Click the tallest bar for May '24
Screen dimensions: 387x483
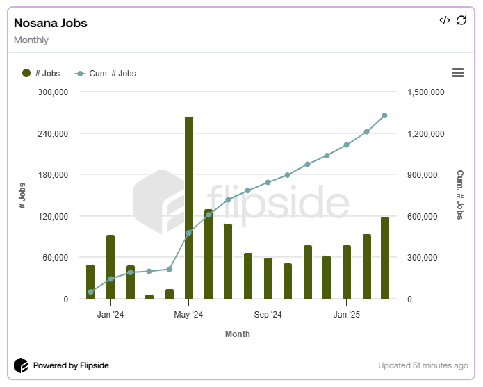tap(189, 208)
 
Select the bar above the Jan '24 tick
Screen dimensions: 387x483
tap(110, 267)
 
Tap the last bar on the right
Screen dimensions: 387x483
tap(385, 258)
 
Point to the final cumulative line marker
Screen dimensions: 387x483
tap(385, 115)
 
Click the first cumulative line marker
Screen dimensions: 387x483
tap(90, 292)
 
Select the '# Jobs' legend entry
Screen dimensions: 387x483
tap(42, 74)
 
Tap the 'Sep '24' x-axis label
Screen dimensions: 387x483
tap(268, 315)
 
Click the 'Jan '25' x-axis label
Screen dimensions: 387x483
tap(346, 315)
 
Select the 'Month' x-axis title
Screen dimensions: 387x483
tap(238, 334)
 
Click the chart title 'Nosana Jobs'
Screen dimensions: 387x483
tap(51, 23)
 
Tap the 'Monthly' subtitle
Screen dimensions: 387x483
tap(31, 40)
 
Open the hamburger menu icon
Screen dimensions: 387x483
tap(457, 73)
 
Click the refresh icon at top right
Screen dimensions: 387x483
tap(461, 20)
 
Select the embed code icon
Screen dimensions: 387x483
tap(445, 20)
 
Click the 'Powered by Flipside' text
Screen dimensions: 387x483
tap(71, 365)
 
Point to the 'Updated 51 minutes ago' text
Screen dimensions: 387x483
tap(423, 365)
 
